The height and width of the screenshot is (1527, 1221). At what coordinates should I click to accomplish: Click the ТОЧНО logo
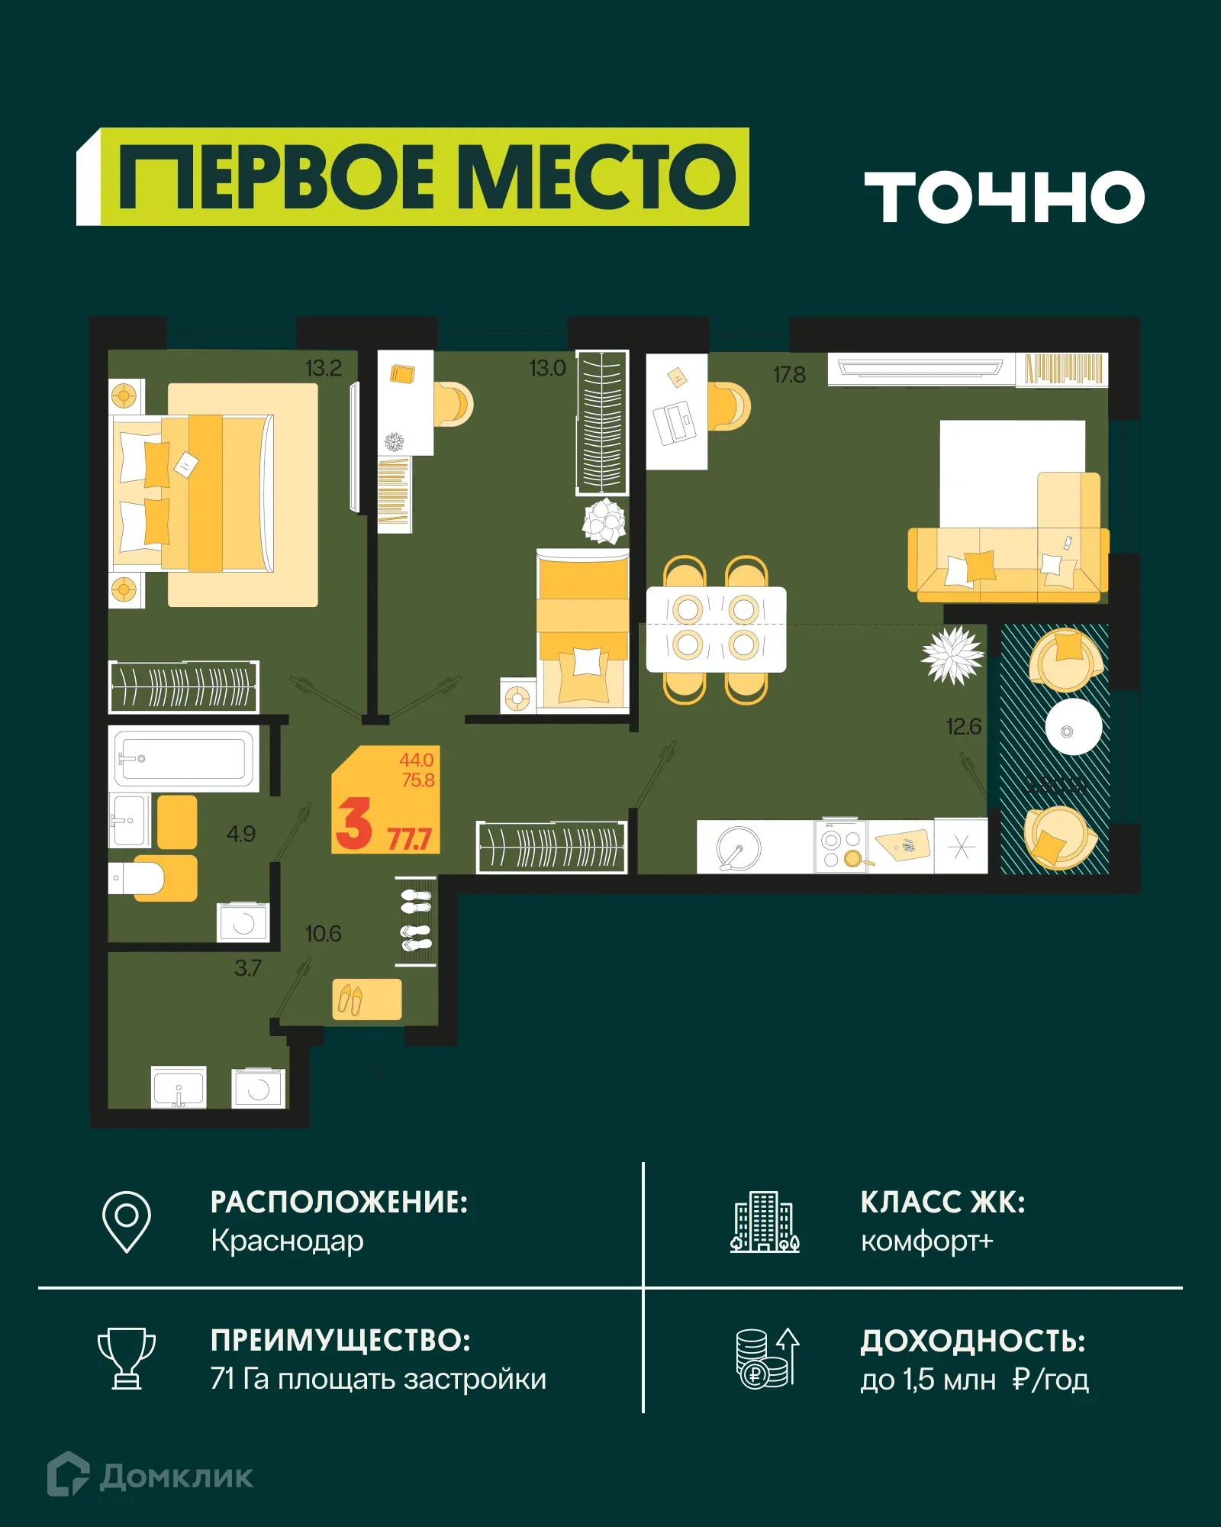pos(1004,197)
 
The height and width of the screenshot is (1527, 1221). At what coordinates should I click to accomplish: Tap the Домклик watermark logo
pos(150,1476)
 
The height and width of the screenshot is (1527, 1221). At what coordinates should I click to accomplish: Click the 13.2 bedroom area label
pos(323,368)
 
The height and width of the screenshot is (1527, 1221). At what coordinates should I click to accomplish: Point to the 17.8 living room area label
pos(789,375)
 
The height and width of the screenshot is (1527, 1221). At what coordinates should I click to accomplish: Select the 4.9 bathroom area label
pos(241,834)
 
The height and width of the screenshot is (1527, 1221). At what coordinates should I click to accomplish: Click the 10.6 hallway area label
pos(323,934)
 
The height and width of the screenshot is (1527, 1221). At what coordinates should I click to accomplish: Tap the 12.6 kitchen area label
pos(963,726)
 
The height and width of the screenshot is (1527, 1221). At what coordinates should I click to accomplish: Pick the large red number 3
pos(354,823)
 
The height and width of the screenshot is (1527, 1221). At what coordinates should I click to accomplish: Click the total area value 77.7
pos(410,839)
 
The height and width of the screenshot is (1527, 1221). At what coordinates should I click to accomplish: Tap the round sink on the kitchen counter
pos(739,847)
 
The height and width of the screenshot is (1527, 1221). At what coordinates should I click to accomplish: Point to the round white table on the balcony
pos(1073,727)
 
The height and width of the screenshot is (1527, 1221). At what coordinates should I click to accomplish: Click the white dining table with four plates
pos(716,629)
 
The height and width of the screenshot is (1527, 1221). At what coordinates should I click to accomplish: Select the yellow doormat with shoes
pos(367,999)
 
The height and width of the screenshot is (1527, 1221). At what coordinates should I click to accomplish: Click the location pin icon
pos(127,1221)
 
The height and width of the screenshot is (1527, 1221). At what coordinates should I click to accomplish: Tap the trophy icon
pos(127,1359)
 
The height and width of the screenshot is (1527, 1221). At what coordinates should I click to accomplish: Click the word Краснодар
pos(287,1241)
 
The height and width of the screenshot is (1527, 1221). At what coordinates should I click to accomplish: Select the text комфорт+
pos(926,1241)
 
